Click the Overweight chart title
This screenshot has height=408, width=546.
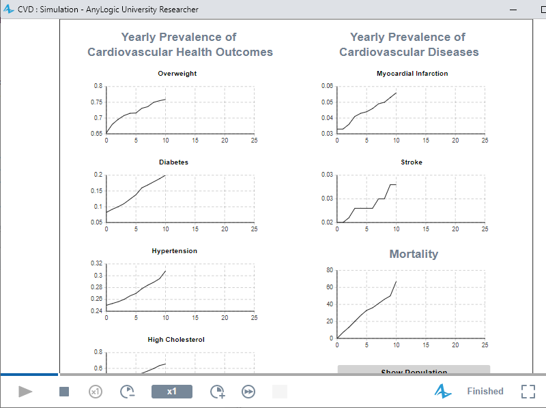[177, 74]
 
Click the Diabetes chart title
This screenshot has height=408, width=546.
[173, 162]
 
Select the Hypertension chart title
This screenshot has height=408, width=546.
[174, 251]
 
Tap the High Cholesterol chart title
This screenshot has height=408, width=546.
[176, 340]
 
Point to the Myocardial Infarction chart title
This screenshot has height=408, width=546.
[412, 74]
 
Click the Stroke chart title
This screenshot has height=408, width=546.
[412, 162]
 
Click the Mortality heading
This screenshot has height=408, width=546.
[414, 254]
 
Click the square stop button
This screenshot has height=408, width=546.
[64, 392]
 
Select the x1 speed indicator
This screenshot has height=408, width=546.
[172, 392]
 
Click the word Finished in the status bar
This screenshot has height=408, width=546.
[485, 392]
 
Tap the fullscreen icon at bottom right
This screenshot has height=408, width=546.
[528, 392]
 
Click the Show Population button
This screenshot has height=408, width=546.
[414, 370]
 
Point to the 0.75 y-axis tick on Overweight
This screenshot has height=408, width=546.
[98, 102]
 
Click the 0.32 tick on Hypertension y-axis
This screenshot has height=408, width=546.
[96, 263]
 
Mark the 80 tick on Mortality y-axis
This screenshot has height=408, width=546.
[329, 270]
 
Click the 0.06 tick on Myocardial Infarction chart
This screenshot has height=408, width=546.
[328, 86]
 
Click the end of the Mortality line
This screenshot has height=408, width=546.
[396, 281]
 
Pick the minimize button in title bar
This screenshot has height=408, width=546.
[514, 10]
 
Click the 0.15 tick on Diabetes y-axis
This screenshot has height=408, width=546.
[98, 191]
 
